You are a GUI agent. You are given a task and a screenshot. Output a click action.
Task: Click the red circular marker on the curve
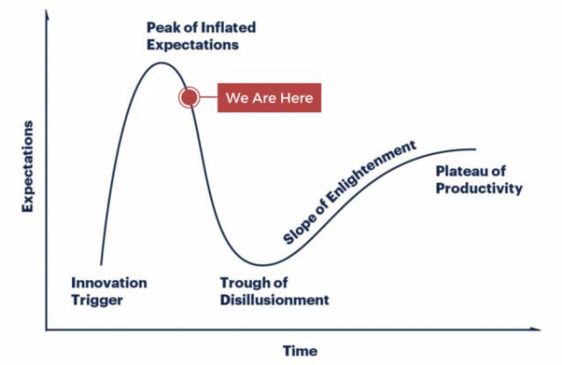(190, 97)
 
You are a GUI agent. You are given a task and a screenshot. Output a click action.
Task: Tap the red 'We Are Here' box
(270, 97)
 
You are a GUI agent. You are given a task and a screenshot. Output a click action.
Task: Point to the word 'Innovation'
(109, 283)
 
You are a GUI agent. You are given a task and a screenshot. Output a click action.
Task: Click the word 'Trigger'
(97, 301)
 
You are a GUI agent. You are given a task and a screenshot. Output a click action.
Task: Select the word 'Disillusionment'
(275, 300)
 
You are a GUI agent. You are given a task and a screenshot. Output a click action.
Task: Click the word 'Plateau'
(460, 171)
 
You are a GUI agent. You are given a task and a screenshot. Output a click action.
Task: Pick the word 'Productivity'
(479, 189)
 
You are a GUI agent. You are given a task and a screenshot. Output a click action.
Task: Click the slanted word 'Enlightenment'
(372, 172)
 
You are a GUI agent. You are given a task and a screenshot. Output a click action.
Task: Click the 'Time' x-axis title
(300, 351)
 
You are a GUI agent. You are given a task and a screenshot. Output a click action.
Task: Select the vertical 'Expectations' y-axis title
(27, 167)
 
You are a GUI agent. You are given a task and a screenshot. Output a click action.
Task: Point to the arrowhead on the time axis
(536, 329)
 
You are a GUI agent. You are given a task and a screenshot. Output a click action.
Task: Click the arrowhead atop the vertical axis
(47, 14)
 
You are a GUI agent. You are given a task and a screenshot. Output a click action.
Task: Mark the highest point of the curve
(161, 63)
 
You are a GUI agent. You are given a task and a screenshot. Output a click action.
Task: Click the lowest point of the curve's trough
(263, 265)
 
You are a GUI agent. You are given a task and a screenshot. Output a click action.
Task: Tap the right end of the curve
(476, 149)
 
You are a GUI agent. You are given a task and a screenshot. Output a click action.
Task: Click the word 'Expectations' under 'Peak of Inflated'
(193, 45)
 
